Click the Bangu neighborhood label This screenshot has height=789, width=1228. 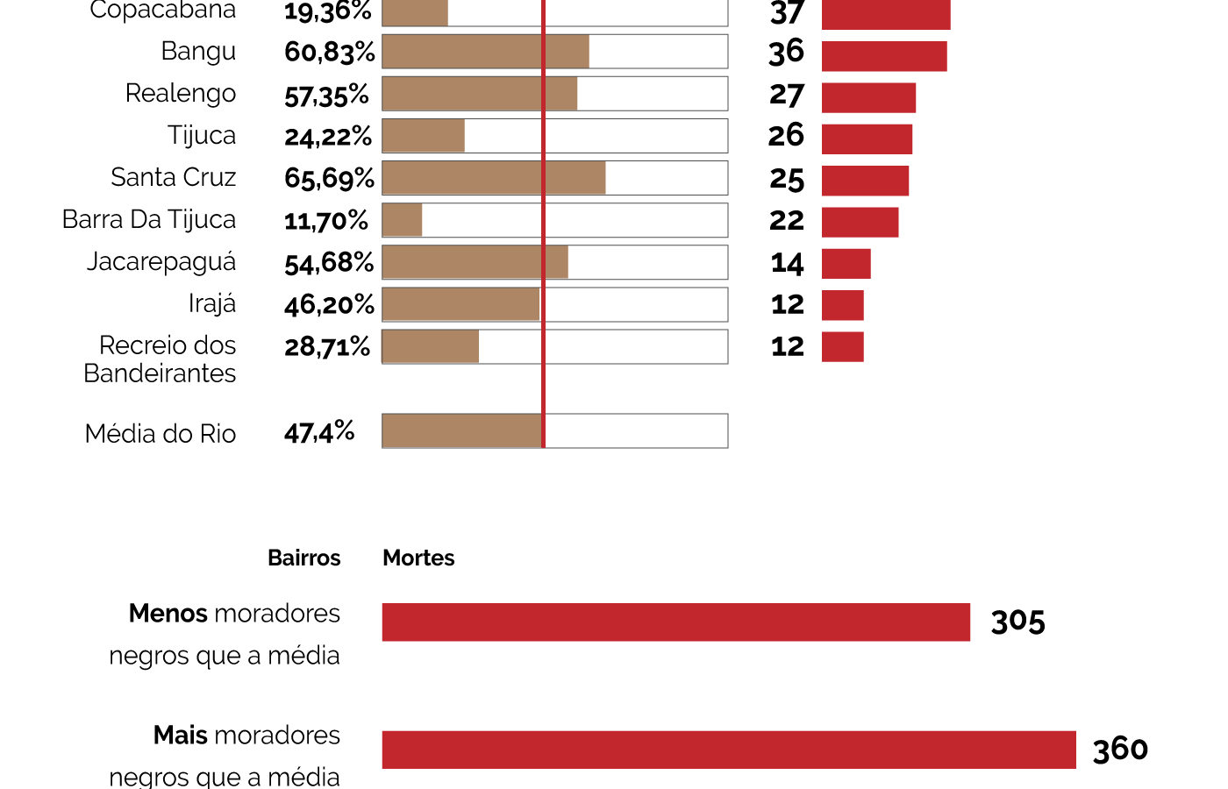click(x=198, y=52)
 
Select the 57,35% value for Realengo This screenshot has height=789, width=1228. click(x=326, y=95)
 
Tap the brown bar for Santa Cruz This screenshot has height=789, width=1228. click(x=493, y=178)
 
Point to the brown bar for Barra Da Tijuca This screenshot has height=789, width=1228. click(x=403, y=220)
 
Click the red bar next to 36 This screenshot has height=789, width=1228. click(x=884, y=56)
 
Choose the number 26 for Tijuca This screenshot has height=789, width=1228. click(x=786, y=136)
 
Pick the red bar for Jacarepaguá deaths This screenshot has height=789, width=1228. click(x=846, y=264)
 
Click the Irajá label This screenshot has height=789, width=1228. click(x=212, y=304)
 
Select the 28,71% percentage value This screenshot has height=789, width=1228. click(x=327, y=347)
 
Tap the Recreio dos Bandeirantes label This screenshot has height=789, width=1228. click(x=161, y=359)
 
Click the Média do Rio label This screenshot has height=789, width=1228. click(x=161, y=434)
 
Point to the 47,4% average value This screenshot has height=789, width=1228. click(x=319, y=432)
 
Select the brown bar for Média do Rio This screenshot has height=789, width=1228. click(x=462, y=431)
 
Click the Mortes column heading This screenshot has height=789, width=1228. click(x=418, y=558)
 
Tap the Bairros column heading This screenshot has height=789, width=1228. click(x=303, y=558)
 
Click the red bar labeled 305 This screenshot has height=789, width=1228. click(x=675, y=622)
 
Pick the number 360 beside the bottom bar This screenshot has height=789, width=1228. click(x=1120, y=750)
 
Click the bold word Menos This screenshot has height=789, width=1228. click(x=168, y=614)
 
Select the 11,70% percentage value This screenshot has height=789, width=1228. click(x=325, y=221)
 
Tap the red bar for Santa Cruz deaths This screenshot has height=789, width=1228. click(x=865, y=181)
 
